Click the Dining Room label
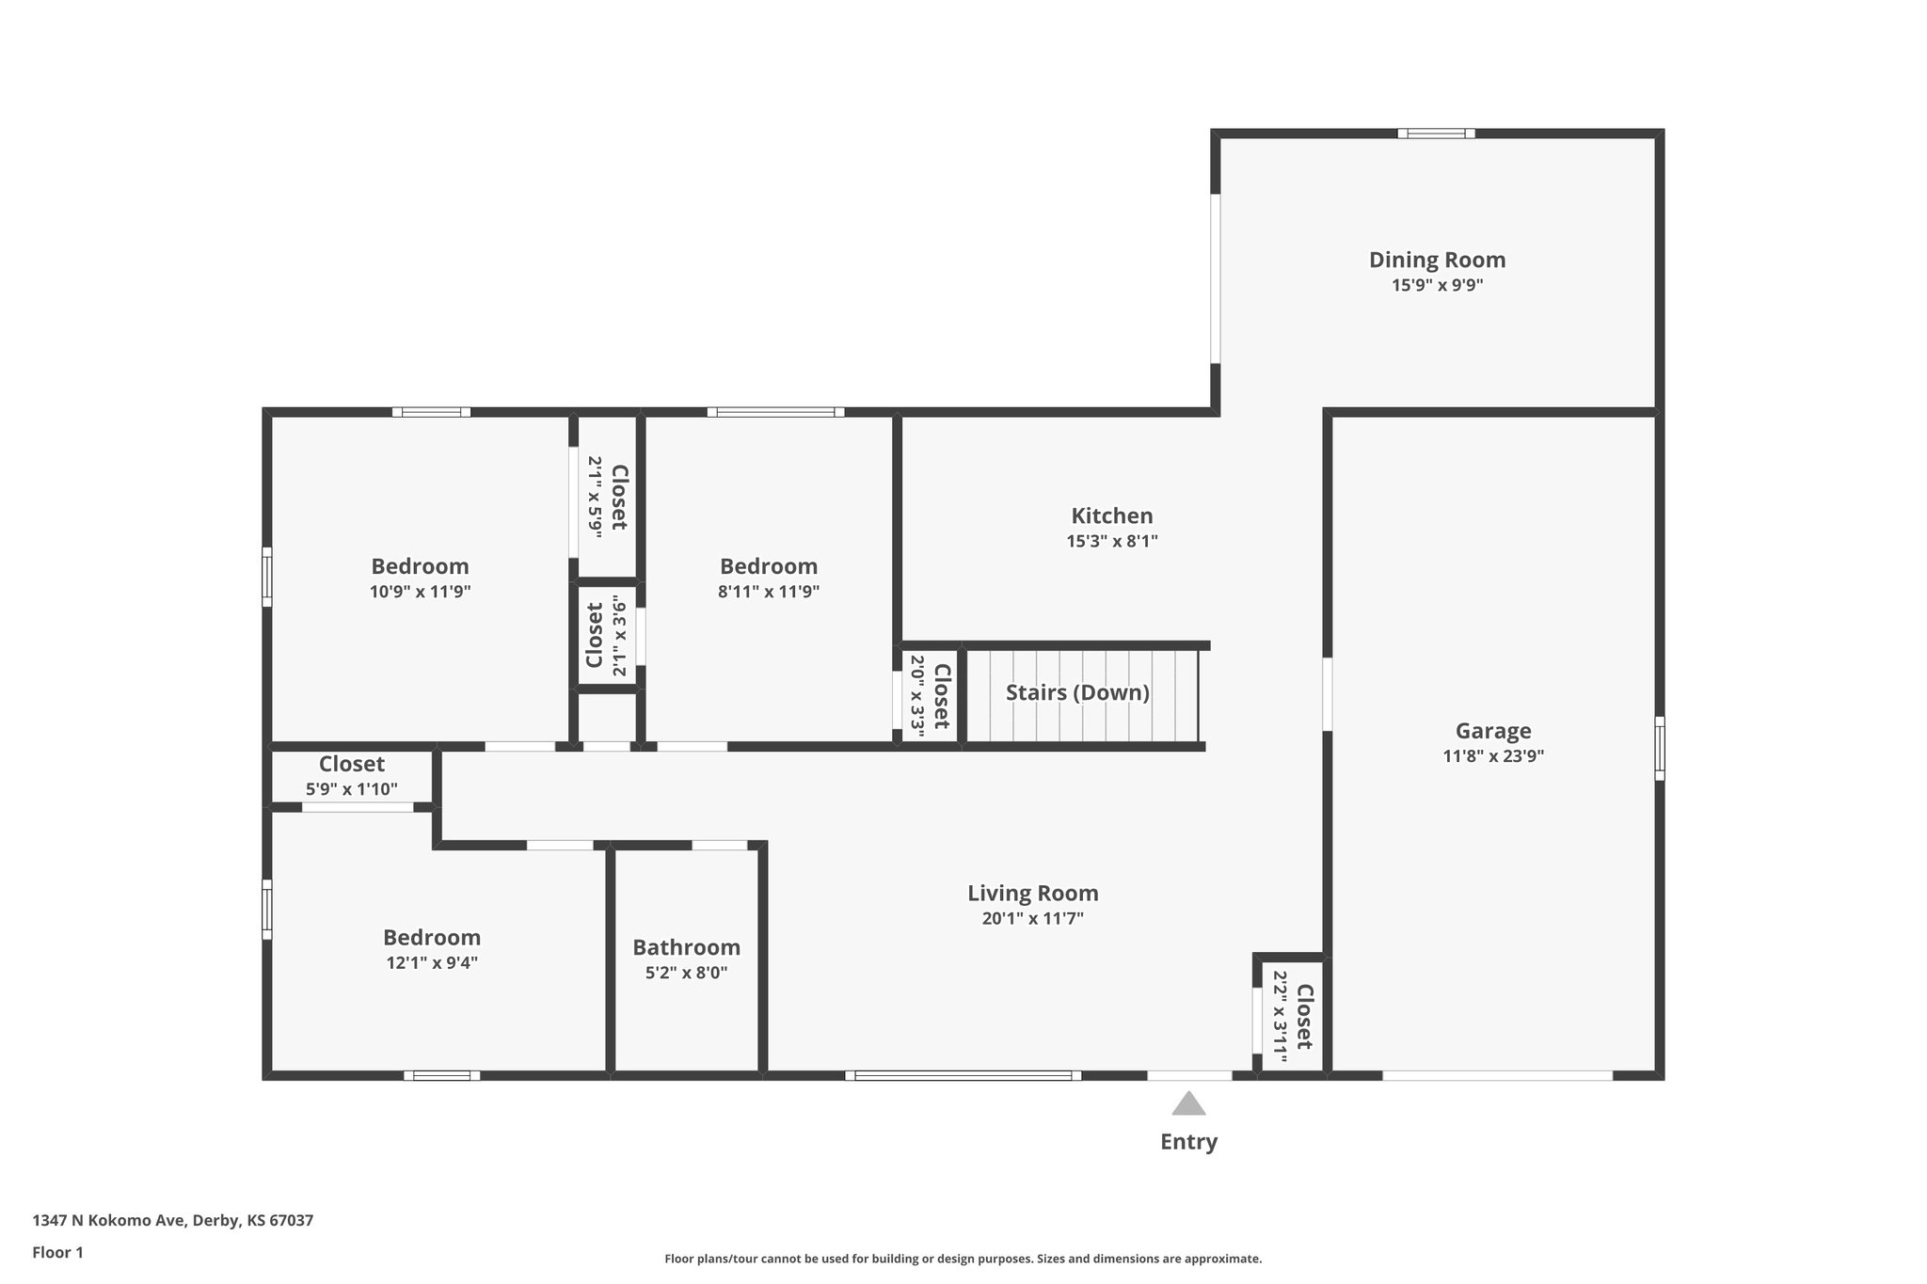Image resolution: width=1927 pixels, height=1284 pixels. (1437, 260)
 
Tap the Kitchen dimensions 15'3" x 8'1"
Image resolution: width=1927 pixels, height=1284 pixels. (1111, 541)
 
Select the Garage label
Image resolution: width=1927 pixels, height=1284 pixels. (1492, 731)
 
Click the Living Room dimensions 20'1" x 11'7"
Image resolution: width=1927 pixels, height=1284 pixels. (1032, 919)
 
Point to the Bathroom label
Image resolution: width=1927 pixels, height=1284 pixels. (686, 947)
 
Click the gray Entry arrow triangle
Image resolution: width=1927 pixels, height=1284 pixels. (1188, 1104)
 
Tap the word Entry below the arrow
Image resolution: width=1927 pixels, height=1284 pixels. (1188, 1142)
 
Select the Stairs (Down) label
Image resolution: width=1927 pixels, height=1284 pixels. (1077, 693)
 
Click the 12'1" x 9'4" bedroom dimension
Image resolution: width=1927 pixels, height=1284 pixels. (431, 963)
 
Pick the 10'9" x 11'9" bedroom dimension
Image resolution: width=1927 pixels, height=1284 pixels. (420, 592)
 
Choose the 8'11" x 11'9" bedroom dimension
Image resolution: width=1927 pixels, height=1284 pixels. (769, 592)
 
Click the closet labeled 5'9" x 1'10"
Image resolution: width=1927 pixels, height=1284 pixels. (351, 777)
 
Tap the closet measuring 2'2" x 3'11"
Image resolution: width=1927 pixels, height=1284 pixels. (1292, 1016)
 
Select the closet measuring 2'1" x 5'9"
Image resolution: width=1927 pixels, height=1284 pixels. (607, 497)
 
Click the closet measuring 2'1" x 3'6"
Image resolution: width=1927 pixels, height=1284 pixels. (607, 634)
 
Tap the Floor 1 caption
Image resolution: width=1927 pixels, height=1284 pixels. (57, 1252)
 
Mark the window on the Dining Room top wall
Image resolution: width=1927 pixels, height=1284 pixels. (1436, 134)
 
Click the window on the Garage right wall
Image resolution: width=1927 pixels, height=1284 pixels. (1659, 748)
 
